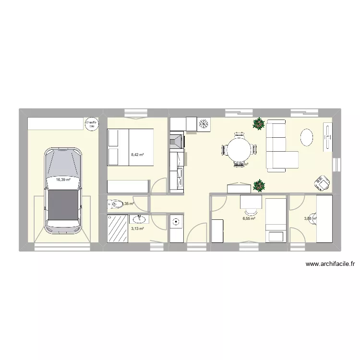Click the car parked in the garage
(x=63, y=191)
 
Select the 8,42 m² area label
(x=138, y=155)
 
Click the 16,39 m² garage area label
(x=63, y=180)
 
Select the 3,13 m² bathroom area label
(x=137, y=229)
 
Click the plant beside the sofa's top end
(x=259, y=123)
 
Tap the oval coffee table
(x=307, y=137)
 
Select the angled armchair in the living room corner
(x=320, y=183)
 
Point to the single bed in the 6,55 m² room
(x=276, y=220)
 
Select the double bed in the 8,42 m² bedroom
(x=130, y=147)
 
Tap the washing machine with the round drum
(x=176, y=222)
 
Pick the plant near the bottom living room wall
(x=259, y=185)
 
